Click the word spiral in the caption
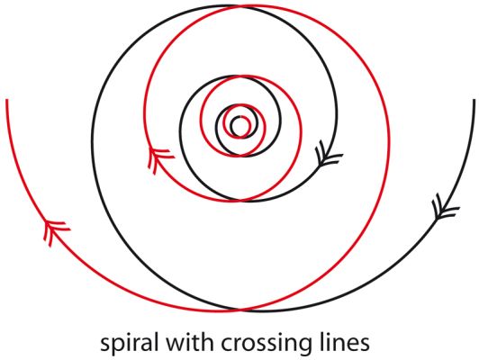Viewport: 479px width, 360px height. click(x=130, y=344)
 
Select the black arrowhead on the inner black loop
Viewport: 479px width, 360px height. click(x=328, y=154)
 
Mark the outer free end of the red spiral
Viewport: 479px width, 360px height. click(x=6, y=99)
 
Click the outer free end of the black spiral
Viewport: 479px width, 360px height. click(x=474, y=100)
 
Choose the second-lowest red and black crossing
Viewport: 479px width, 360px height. click(x=241, y=201)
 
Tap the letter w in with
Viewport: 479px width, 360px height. click(x=175, y=344)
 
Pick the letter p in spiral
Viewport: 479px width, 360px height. click(x=118, y=346)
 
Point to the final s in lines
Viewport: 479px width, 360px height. click(x=365, y=344)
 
